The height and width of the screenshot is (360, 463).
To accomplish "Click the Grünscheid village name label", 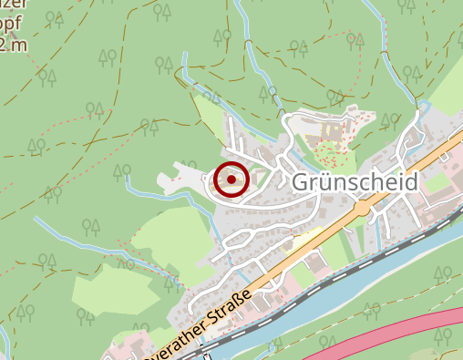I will [355, 182].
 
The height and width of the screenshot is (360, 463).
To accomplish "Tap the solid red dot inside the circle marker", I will [231, 180].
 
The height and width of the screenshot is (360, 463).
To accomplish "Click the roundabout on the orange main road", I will [363, 209].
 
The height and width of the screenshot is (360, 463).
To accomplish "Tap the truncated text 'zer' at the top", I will [13, 5].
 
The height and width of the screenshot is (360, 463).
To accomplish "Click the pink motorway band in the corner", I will [401, 335].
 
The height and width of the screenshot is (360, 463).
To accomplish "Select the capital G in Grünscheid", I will [302, 182].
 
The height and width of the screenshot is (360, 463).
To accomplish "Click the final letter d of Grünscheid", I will [411, 182].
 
